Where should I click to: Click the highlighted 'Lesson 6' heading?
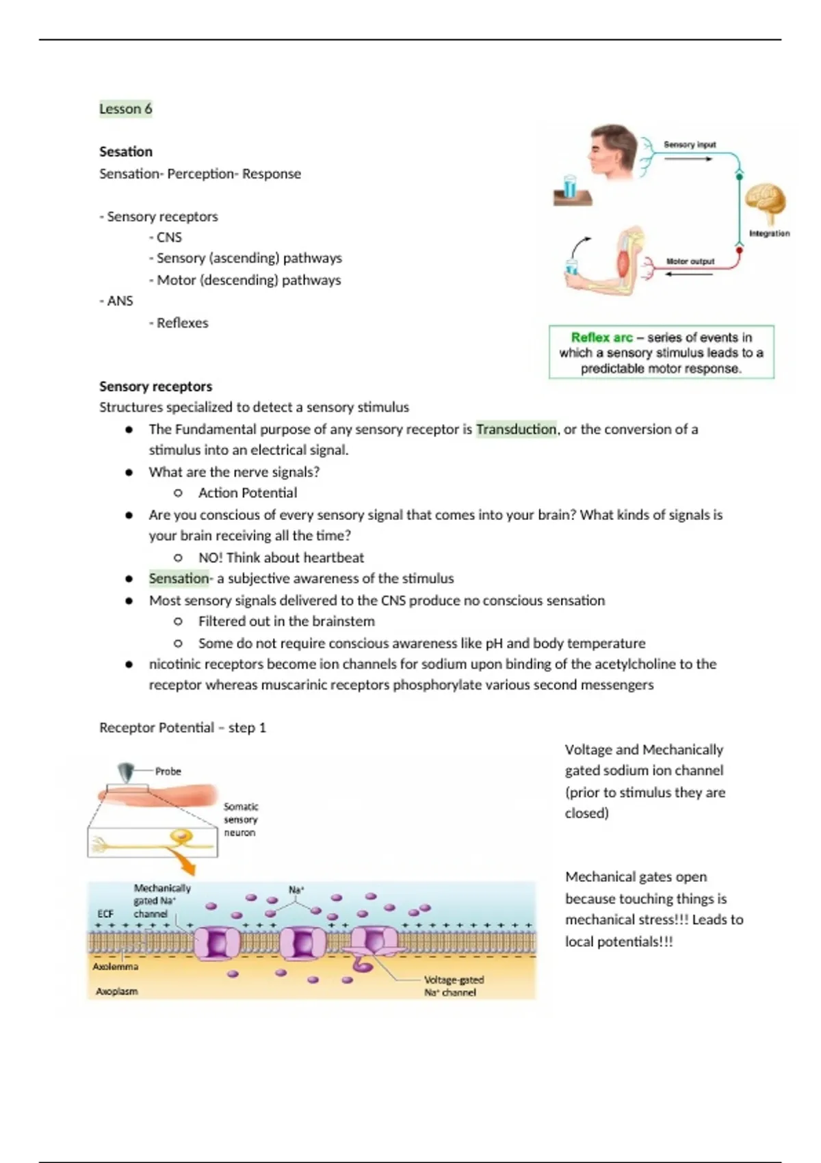pyautogui.click(x=125, y=109)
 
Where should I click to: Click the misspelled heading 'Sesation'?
pyautogui.click(x=126, y=151)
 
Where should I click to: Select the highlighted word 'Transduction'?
pyautogui.click(x=516, y=429)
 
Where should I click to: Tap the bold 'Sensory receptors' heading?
pyautogui.click(x=155, y=386)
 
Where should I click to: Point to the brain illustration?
pyautogui.click(x=766, y=202)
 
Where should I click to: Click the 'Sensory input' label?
pyautogui.click(x=690, y=144)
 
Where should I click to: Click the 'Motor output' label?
pyautogui.click(x=690, y=261)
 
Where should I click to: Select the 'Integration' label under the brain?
pyautogui.click(x=769, y=233)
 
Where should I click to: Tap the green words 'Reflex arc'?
pyautogui.click(x=602, y=337)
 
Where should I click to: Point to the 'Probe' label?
pyautogui.click(x=168, y=771)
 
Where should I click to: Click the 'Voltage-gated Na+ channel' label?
pyautogui.click(x=453, y=986)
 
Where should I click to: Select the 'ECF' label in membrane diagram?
pyautogui.click(x=105, y=913)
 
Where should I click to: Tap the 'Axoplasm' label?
pyautogui.click(x=116, y=991)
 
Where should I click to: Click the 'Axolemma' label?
pyautogui.click(x=115, y=967)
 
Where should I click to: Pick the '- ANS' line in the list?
pyautogui.click(x=116, y=301)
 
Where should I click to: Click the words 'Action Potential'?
pyautogui.click(x=247, y=493)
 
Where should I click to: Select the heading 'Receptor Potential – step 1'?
pyautogui.click(x=183, y=727)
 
